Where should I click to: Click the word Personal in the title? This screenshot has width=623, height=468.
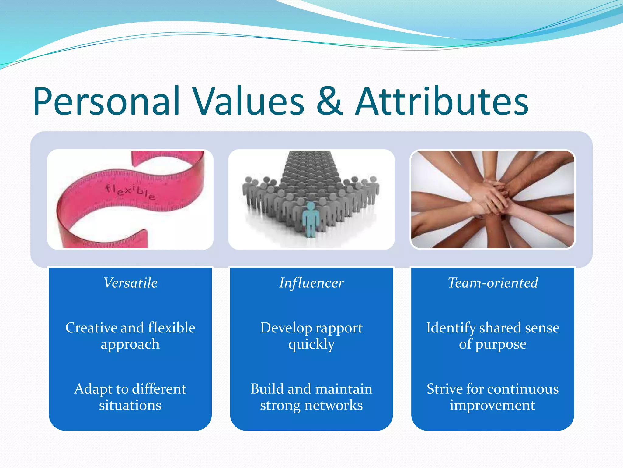click(x=106, y=101)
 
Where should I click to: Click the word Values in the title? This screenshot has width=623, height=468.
click(x=249, y=101)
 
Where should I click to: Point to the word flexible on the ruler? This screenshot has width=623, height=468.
click(x=130, y=192)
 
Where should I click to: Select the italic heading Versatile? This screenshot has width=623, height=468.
click(x=131, y=282)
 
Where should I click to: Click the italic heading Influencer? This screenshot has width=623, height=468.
click(x=311, y=283)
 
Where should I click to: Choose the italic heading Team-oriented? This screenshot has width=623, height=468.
click(x=492, y=282)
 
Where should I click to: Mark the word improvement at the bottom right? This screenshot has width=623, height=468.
click(x=492, y=405)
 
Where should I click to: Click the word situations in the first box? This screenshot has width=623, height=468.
click(x=130, y=405)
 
